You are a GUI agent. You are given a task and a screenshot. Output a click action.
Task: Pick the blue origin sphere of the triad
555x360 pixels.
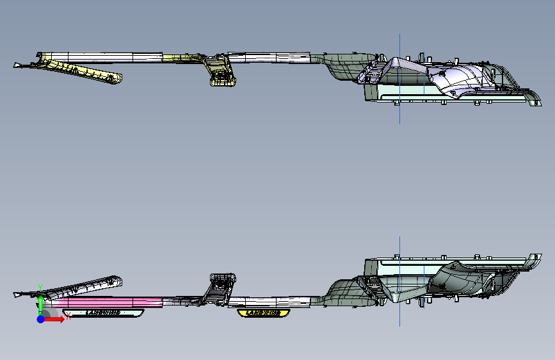click(x=40, y=319)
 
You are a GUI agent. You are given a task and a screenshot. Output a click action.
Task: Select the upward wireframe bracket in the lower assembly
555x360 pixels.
click(x=221, y=284)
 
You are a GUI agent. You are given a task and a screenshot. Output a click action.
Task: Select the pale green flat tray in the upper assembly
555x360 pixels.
click(x=410, y=92)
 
